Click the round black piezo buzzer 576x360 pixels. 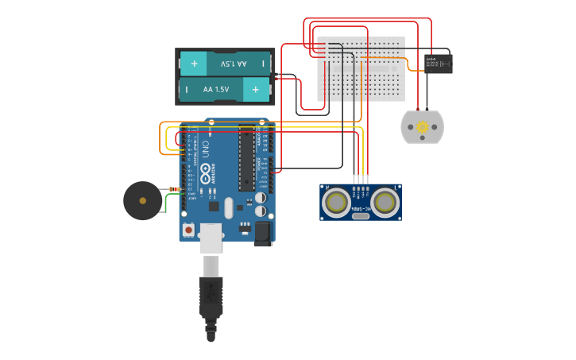(x=142, y=200)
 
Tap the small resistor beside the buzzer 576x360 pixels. (x=174, y=189)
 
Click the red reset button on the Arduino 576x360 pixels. (x=188, y=230)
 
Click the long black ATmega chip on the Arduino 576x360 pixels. (x=246, y=158)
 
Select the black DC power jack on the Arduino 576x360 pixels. (x=264, y=233)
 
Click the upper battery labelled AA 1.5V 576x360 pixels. (x=226, y=64)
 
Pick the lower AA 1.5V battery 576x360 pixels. (x=226, y=90)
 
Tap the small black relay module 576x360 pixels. (x=438, y=64)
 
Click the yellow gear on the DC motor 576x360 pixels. (x=422, y=126)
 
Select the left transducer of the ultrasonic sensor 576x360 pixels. (x=336, y=203)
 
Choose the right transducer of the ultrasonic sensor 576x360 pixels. (x=385, y=203)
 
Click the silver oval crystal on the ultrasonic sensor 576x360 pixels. (x=361, y=215)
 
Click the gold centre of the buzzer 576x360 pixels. (x=142, y=200)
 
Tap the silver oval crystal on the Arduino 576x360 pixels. (x=229, y=207)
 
